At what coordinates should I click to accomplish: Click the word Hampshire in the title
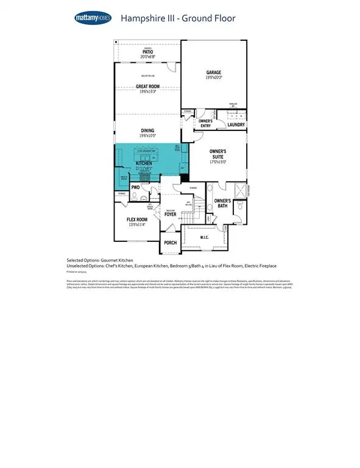point(141,18)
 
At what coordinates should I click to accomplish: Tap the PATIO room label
point(147,52)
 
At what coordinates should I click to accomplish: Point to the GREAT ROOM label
point(147,87)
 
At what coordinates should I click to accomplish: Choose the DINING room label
point(147,130)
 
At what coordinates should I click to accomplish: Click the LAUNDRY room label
point(236,125)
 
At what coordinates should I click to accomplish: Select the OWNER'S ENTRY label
point(206,124)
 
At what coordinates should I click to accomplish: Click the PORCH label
point(170,243)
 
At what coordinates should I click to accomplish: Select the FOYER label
point(169,214)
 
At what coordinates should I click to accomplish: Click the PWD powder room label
point(136,188)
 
